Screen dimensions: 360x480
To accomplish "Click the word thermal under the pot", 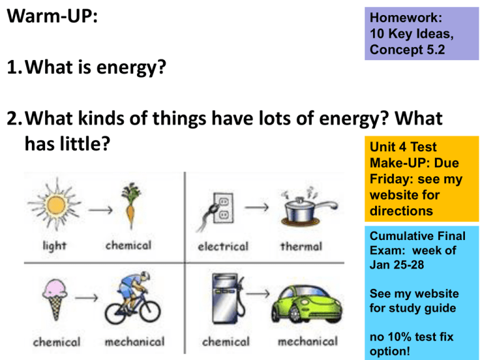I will tap(301, 246).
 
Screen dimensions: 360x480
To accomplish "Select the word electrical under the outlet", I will tap(223, 246).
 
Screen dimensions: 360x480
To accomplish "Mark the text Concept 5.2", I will tap(407, 49).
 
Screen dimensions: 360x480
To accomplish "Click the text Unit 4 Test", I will tap(403, 147).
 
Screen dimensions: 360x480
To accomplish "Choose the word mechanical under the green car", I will tap(307, 342).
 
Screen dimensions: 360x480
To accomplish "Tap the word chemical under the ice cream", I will tap(57, 342).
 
